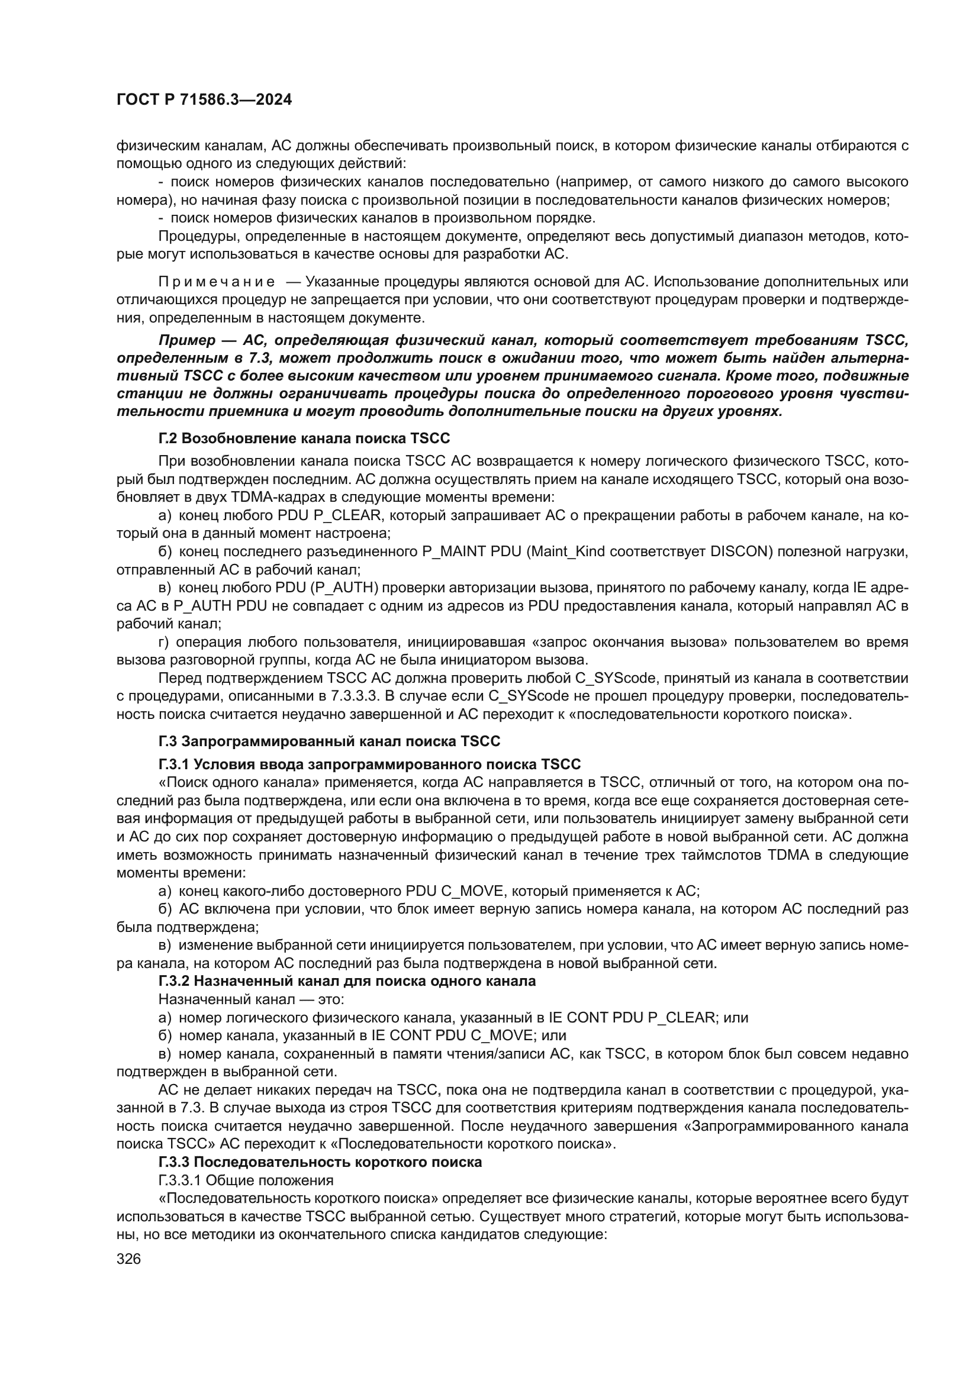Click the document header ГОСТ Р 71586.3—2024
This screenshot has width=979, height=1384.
204,100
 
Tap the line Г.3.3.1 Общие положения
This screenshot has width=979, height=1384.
246,1180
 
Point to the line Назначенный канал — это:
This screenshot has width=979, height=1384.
251,999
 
